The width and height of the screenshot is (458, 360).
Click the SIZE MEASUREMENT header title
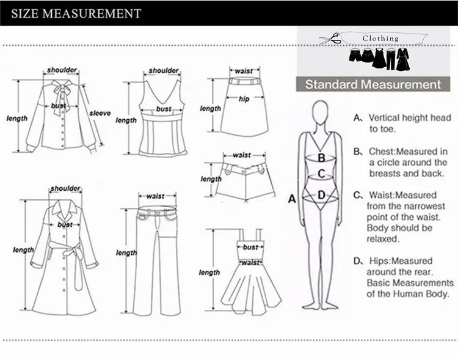[76, 13]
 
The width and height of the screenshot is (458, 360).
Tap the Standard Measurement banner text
[373, 85]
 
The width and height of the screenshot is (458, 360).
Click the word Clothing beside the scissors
[380, 39]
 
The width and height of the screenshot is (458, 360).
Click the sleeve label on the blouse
[100, 113]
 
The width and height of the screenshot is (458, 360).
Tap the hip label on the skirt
[244, 99]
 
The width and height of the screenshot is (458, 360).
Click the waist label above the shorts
[242, 155]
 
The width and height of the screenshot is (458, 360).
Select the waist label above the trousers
[156, 196]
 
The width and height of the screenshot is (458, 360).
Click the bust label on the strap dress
[250, 247]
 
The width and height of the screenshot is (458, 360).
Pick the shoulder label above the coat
[65, 189]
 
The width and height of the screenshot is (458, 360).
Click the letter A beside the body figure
[291, 198]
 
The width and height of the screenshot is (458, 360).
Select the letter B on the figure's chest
[321, 157]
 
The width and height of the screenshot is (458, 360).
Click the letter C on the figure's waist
[321, 174]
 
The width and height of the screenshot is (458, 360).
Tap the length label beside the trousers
[126, 252]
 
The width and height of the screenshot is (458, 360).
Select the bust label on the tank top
[163, 109]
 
